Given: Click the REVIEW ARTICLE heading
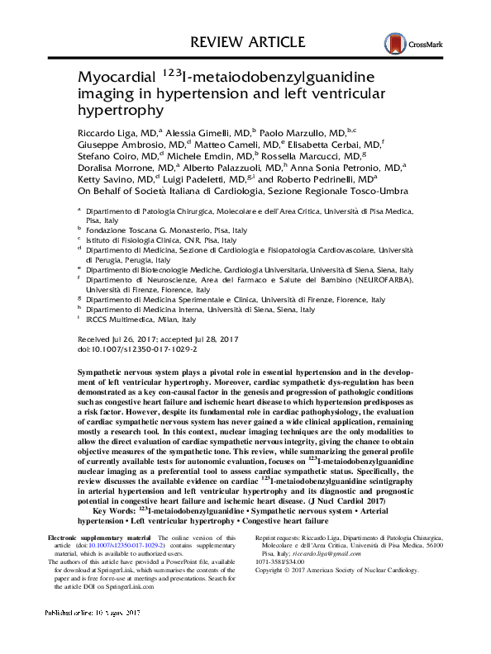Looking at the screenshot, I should point(245,39).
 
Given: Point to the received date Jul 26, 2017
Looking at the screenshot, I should point(135,339).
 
